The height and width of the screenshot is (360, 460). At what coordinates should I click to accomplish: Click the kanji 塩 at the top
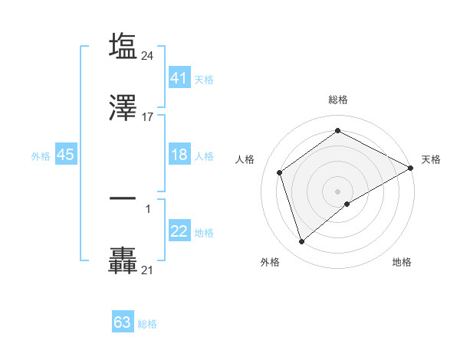pos(123,47)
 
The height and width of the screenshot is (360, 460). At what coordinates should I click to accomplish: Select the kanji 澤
pos(123,109)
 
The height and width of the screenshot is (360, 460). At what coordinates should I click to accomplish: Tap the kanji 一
pos(123,198)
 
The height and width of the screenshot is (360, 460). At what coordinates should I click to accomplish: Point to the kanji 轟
pos(123,260)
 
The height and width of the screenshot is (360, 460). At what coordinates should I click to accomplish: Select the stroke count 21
pos(148,270)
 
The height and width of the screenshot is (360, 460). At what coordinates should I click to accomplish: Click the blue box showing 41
pos(179,77)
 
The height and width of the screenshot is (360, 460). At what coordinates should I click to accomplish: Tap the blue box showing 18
pos(179,155)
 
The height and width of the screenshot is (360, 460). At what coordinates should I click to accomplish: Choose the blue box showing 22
pos(179,231)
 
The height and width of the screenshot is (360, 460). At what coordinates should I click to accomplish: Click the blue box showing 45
pos(66,155)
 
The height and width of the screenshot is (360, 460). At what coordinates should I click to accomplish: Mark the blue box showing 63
pos(123,322)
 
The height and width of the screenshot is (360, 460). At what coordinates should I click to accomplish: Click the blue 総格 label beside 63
pos(147,324)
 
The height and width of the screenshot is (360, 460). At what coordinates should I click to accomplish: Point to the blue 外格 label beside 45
pos(41,155)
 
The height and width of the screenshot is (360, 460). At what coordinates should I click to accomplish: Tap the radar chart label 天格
pos(431,159)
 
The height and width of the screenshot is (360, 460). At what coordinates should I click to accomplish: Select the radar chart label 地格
pos(402,262)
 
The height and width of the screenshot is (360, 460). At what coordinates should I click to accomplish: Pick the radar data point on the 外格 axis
pos(301,242)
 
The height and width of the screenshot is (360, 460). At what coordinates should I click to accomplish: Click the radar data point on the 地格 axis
pos(347,204)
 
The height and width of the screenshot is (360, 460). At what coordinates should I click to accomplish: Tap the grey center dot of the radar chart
pos(337,191)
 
